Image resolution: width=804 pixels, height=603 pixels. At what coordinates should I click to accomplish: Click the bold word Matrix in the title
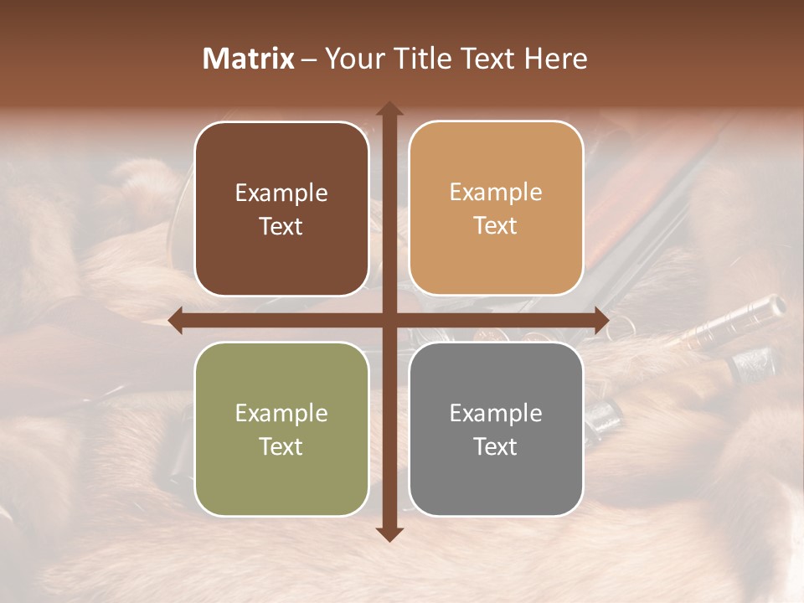(249, 59)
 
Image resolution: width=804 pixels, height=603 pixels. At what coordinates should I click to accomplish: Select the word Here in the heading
(556, 59)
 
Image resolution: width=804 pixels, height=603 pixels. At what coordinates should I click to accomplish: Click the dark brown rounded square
(281, 209)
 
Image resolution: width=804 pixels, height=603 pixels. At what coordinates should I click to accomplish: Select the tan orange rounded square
(496, 209)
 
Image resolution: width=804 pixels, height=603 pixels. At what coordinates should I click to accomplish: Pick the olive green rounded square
(281, 429)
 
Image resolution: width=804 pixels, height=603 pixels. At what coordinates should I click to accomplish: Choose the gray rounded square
(496, 429)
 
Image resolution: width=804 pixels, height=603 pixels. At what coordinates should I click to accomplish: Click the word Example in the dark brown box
(281, 193)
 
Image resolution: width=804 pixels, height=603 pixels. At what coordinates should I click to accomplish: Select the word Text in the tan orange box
(496, 225)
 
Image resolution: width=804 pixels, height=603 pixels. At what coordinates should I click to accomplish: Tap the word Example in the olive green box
(281, 413)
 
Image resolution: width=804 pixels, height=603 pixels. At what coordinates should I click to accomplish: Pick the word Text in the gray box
(496, 446)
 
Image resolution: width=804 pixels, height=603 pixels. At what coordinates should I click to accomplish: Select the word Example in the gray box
(496, 413)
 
